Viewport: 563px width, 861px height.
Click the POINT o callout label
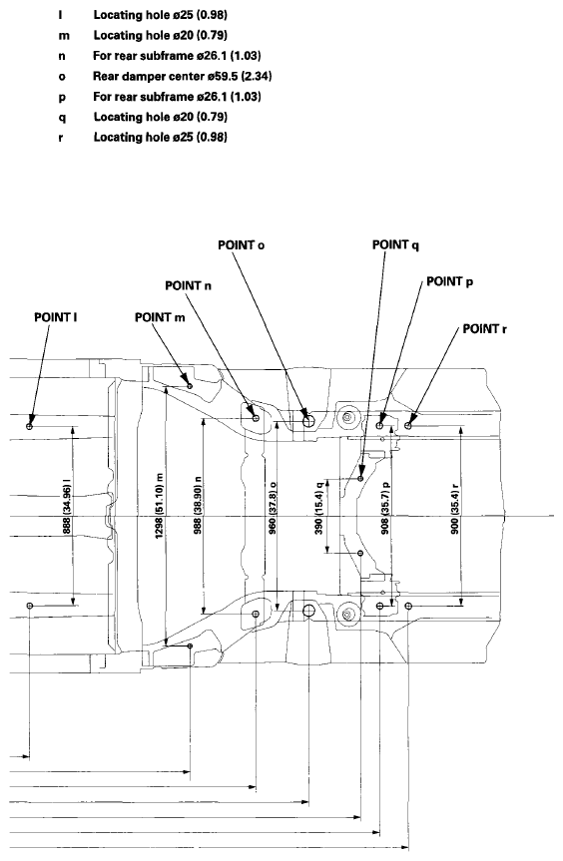pos(242,244)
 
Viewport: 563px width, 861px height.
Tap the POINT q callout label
pos(395,244)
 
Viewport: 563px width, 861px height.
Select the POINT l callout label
pos(56,317)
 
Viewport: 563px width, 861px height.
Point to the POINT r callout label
pos(484,329)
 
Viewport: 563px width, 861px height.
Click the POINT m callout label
pos(160,317)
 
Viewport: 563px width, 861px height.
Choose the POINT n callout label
pos(188,285)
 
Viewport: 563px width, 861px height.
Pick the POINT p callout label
pos(450,281)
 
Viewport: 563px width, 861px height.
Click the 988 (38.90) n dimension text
pos(199,505)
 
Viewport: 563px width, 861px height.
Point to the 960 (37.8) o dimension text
pos(273,508)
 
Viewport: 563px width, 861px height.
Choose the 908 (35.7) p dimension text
pos(385,508)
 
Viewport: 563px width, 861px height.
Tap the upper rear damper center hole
pos(308,421)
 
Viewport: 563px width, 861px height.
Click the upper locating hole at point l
pos(30,426)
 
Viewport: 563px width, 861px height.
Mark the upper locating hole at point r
pos(407,426)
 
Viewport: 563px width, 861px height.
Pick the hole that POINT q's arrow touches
pos(360,479)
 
